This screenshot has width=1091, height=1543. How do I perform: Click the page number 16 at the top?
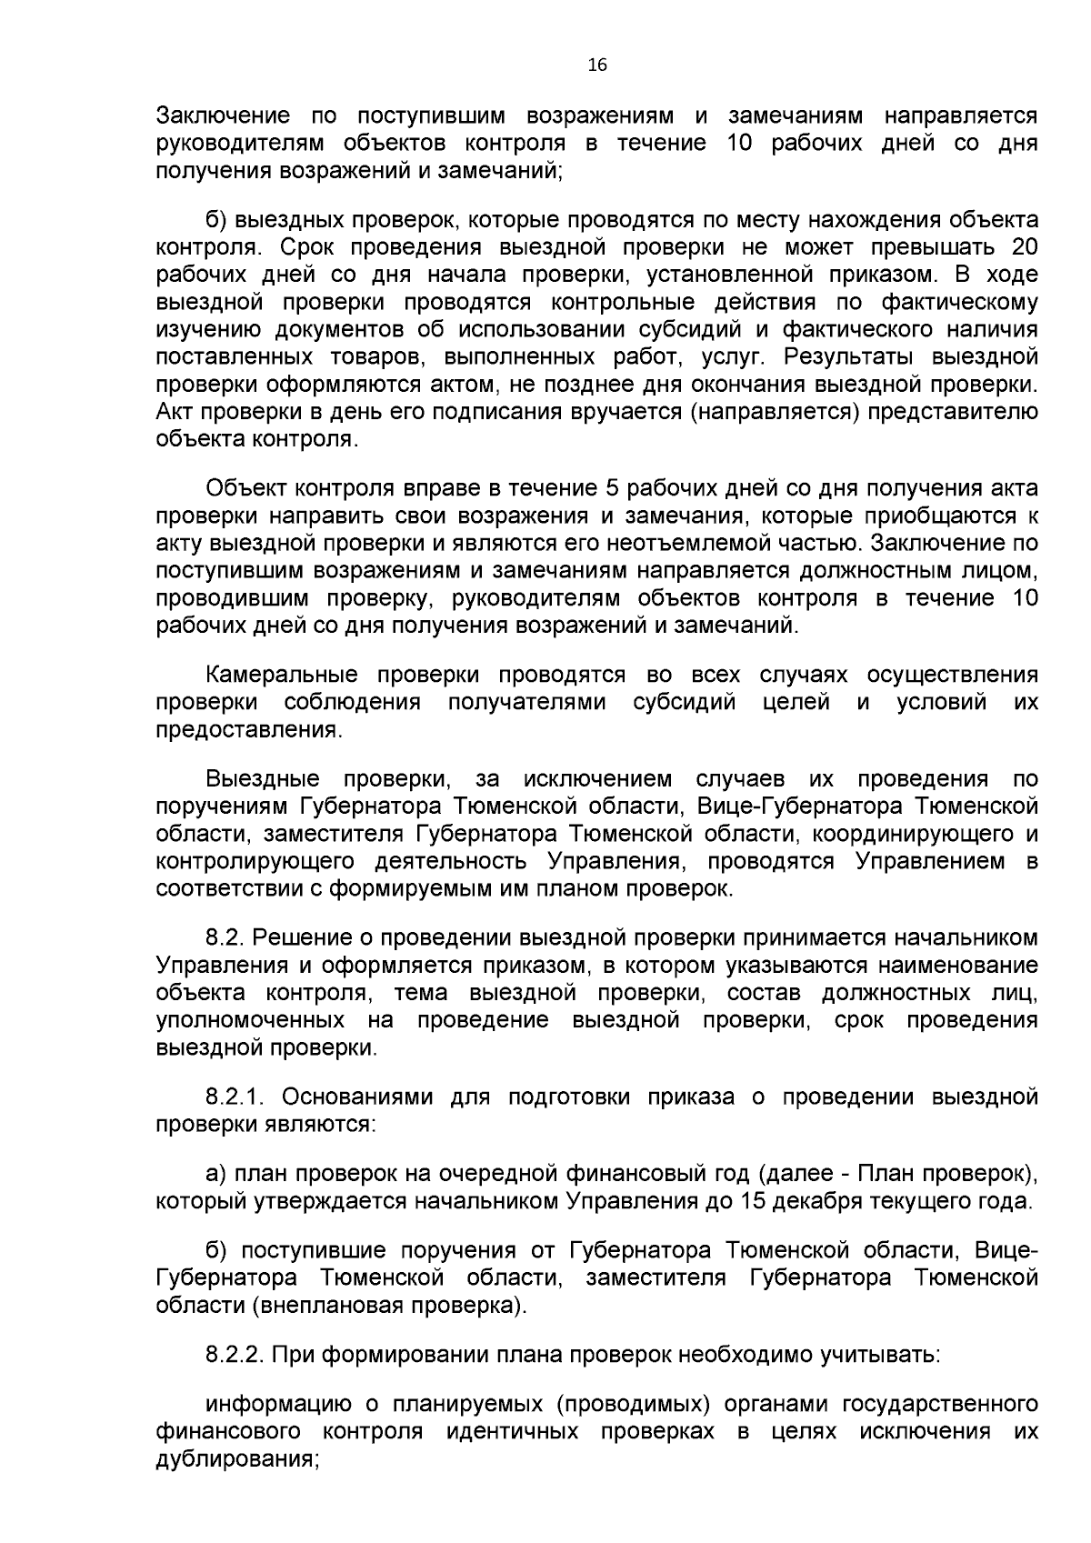(597, 65)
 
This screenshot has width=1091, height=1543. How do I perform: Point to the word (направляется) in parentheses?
(774, 411)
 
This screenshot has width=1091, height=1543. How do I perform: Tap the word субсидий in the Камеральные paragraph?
(685, 702)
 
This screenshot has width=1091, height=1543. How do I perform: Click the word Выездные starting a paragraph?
(262, 779)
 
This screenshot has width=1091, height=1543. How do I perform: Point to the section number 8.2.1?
(232, 1097)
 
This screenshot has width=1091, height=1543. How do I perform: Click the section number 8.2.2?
(234, 1356)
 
